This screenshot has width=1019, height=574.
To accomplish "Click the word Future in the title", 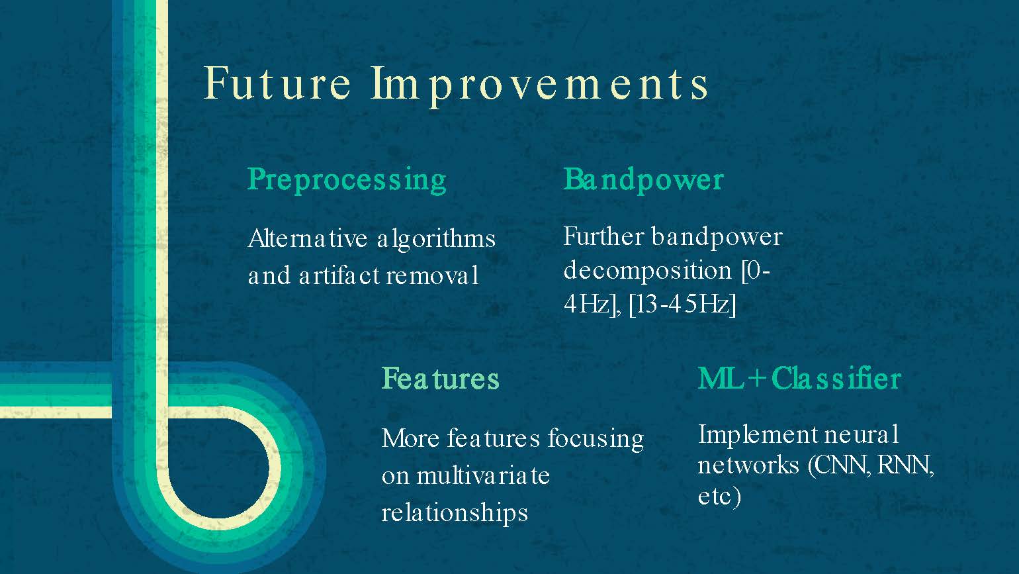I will [277, 83].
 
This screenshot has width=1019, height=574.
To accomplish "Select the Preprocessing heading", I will [347, 180].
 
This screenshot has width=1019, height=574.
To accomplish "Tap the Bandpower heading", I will [643, 180].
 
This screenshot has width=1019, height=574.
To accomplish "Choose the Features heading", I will [440, 379].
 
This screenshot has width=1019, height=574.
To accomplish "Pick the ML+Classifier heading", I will [799, 379].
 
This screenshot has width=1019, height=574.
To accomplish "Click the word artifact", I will [339, 275].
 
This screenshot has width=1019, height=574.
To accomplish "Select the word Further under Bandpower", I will [603, 237].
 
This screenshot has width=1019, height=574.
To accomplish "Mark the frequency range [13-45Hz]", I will [682, 305].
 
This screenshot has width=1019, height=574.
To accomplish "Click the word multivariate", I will [483, 475].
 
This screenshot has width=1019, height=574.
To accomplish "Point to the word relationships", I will [455, 513].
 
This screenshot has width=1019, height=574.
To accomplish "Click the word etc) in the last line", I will [719, 496].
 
